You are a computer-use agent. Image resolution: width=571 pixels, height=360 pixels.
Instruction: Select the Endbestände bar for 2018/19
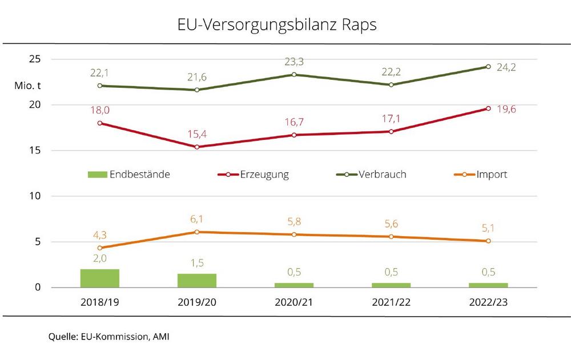(100, 278)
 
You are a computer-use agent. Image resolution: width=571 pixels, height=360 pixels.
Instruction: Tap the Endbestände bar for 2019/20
(197, 280)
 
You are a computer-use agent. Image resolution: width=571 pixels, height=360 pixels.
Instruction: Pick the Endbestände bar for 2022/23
(488, 285)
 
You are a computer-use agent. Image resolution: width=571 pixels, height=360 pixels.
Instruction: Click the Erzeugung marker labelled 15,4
(197, 147)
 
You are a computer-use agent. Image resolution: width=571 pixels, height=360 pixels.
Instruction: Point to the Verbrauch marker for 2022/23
(488, 67)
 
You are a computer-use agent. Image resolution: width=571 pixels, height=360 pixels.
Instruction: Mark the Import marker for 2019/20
(197, 232)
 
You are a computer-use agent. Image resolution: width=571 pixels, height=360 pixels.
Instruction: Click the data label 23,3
(294, 60)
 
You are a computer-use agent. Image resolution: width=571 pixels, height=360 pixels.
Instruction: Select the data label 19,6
(506, 109)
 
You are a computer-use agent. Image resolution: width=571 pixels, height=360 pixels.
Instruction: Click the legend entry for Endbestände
(128, 175)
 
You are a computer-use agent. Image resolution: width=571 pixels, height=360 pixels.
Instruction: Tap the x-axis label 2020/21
(294, 302)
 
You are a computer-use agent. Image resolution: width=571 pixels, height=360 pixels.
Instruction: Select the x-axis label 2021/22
(391, 302)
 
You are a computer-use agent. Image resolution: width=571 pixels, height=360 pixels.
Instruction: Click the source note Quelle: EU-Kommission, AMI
(108, 337)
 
